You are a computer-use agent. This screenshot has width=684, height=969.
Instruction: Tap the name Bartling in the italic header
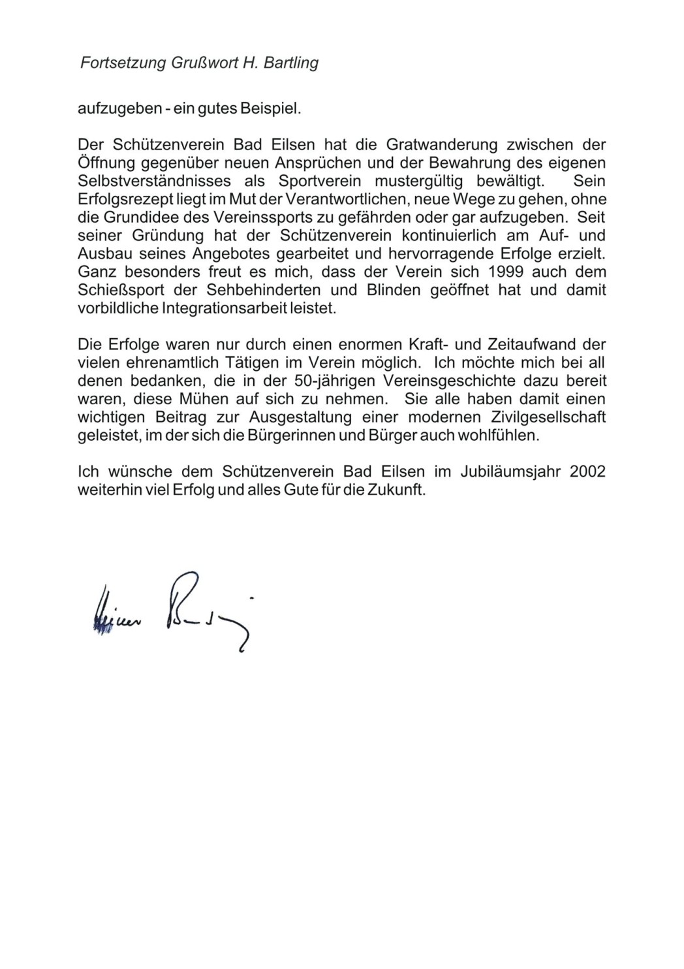[293, 63]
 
